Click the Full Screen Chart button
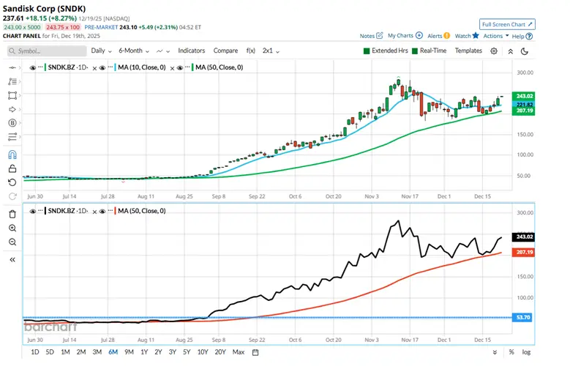[x=507, y=24]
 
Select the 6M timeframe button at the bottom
[x=113, y=352]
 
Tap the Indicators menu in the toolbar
[x=191, y=51]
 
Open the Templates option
[x=468, y=51]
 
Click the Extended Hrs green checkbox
[x=367, y=51]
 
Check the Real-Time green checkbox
[x=414, y=51]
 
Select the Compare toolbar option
[x=225, y=51]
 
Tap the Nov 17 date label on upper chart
[x=408, y=196]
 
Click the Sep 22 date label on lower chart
[x=256, y=340]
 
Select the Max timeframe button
[x=238, y=352]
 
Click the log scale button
[x=526, y=352]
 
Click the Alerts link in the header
[x=438, y=35]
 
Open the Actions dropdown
[x=495, y=35]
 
